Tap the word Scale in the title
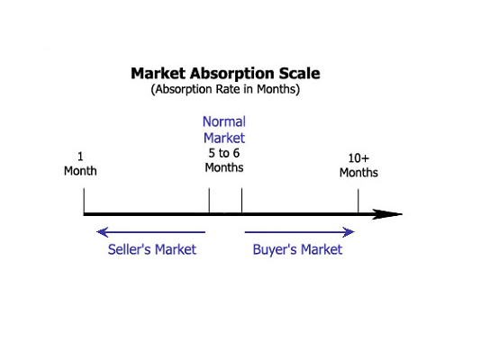point(299,74)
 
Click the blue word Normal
point(224,121)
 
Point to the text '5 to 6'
point(224,153)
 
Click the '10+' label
point(358,158)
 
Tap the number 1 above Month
point(80,157)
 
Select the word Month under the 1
point(80,171)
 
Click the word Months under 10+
point(358,173)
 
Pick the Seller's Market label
point(152,249)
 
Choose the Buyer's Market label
point(297,249)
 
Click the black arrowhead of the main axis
point(387,214)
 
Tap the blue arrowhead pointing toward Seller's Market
point(103,232)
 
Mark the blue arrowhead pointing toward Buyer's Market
point(349,232)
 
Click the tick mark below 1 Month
point(84,200)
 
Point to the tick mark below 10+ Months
point(358,201)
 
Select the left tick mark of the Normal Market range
point(209,200)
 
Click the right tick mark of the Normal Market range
point(241,200)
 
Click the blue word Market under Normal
point(224,138)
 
